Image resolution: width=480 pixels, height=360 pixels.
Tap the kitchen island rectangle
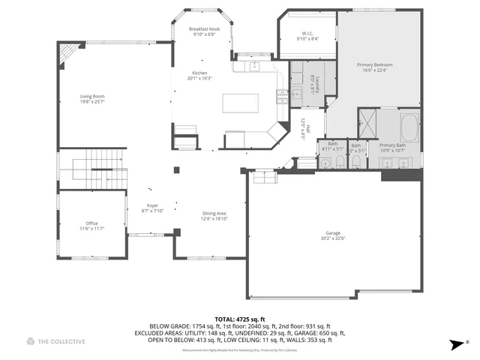tap(240, 102)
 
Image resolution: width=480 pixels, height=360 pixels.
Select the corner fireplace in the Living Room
tap(70, 51)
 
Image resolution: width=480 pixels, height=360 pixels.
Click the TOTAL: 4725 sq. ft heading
tap(239, 319)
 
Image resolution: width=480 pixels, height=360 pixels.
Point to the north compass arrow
tap(456, 344)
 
